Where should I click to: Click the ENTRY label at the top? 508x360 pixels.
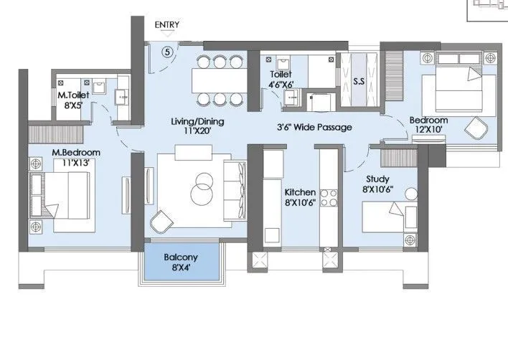(x=167, y=24)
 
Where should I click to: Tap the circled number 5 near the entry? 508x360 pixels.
(x=166, y=51)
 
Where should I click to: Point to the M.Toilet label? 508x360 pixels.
(x=73, y=95)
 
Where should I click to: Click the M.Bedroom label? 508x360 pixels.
(x=75, y=153)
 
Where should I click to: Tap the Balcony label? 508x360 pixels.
(x=181, y=257)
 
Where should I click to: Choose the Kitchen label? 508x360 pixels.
(x=300, y=193)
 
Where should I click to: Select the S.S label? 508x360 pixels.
(x=359, y=82)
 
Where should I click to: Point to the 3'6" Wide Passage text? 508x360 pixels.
(x=315, y=128)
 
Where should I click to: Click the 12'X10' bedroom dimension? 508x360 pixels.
(x=428, y=130)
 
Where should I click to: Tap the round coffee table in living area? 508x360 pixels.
(x=202, y=189)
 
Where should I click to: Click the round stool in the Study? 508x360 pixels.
(x=410, y=192)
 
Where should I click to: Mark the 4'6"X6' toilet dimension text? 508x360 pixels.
(x=281, y=85)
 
